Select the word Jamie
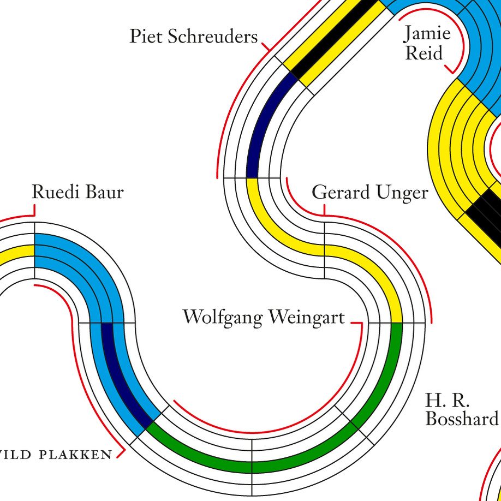coord(427,33)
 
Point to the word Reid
coord(424,53)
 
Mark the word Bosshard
coord(462,419)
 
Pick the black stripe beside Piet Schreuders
coord(333,38)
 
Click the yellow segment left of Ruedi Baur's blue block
coord(16,255)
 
